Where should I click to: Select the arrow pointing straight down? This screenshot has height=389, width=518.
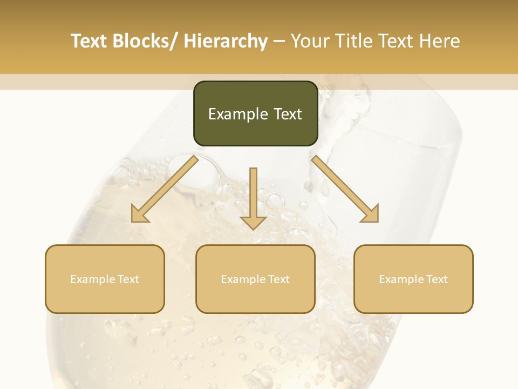click(x=253, y=197)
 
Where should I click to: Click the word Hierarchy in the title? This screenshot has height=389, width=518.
click(x=226, y=41)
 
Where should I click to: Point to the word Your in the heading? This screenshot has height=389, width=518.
click(x=309, y=41)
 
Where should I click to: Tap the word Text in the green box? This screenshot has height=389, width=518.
click(x=287, y=114)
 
